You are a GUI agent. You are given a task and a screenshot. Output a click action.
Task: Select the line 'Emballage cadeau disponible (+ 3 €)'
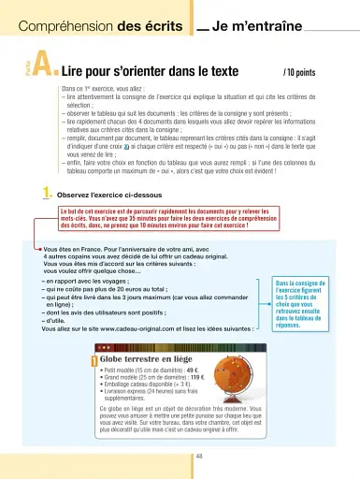click(154, 386)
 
